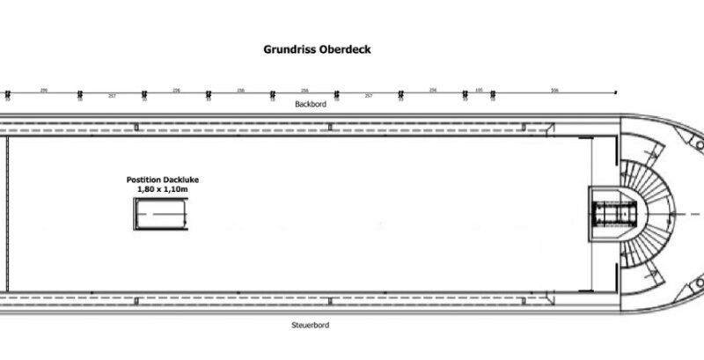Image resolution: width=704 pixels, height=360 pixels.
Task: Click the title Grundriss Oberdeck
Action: tap(317, 49)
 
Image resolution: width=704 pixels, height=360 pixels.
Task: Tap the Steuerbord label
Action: tap(304, 325)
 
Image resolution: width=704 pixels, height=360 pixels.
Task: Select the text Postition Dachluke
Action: tap(160, 180)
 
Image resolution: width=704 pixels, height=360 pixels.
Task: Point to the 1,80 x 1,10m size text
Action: tap(160, 189)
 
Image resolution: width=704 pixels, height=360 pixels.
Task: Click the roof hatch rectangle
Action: tap(160, 214)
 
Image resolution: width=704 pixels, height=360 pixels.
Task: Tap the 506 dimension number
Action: tap(554, 90)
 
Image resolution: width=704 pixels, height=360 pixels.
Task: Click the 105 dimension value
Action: tap(479, 90)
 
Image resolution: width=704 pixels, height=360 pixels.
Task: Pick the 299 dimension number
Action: tap(43, 90)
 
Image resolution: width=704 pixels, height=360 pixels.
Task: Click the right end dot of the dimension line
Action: tap(616, 92)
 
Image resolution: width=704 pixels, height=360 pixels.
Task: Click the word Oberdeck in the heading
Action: tap(345, 49)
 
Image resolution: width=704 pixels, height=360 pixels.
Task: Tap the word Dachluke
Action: tap(177, 180)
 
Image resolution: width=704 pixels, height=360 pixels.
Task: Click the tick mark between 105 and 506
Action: tap(492, 92)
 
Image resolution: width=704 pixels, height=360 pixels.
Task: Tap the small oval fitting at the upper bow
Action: tap(696, 139)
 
